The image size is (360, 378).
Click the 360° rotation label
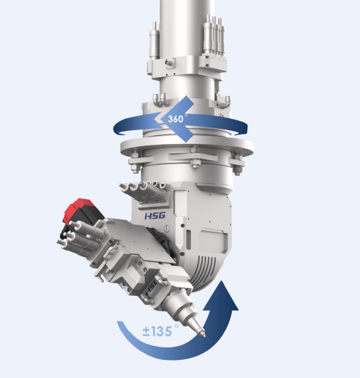coord(178,118)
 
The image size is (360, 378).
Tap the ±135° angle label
coord(161,331)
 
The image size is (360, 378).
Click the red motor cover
coord(79,210)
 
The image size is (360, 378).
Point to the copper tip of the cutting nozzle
coord(204,335)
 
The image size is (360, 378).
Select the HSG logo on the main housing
coord(155,216)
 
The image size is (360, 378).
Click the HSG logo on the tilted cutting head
coord(151,288)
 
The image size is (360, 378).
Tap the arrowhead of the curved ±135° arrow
coord(221,296)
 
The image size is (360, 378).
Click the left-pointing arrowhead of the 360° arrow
coord(174,119)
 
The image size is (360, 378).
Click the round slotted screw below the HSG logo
coord(167,228)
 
